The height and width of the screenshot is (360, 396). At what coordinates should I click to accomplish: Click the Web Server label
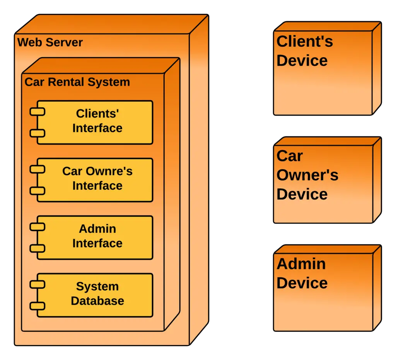click(50, 42)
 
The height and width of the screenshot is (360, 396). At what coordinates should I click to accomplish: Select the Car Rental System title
click(77, 82)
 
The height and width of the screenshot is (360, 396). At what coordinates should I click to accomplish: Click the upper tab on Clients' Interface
click(38, 112)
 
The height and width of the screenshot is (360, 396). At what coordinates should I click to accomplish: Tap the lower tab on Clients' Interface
click(38, 133)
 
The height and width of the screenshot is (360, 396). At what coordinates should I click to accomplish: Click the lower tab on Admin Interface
click(38, 248)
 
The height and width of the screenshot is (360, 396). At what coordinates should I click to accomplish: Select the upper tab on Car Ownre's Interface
click(38, 169)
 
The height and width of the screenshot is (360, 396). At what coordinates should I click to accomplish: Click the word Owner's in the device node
click(307, 175)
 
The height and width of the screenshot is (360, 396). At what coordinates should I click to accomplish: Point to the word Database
click(97, 301)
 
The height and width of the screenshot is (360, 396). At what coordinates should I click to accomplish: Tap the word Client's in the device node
click(305, 41)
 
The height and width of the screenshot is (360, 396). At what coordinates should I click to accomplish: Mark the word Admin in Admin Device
click(301, 264)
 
